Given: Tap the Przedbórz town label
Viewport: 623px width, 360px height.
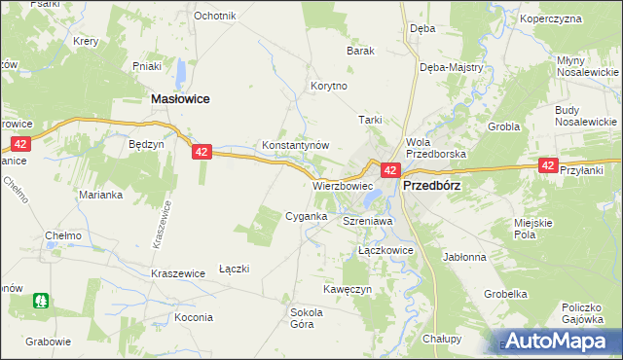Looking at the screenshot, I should click(431, 185).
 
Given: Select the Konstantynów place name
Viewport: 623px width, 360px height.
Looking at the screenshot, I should click(296, 145).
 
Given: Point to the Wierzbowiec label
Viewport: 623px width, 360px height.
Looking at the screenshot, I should click(343, 185).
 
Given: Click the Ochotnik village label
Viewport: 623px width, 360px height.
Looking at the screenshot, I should click(215, 16).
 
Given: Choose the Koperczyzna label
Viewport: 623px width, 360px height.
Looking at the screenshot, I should click(577, 18).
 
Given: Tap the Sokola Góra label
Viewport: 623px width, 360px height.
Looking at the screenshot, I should click(307, 318).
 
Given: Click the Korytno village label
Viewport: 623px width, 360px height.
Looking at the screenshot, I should click(328, 86).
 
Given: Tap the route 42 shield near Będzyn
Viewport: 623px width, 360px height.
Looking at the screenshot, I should click(202, 152).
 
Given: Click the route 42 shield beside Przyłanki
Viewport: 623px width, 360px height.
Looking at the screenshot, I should click(548, 166).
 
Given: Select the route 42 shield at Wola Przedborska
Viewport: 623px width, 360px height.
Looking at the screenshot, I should click(388, 170).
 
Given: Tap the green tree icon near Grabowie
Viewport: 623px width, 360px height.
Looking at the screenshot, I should click(41, 302).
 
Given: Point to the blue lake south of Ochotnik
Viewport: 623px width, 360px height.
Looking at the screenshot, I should click(181, 71).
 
